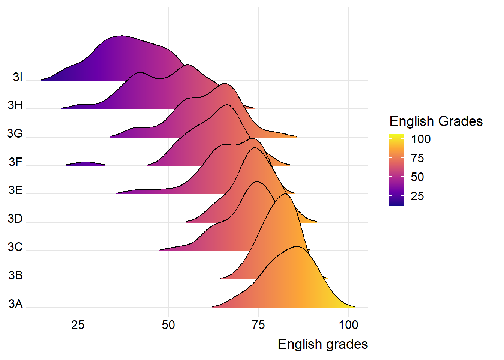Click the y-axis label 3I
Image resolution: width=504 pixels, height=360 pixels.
pyautogui.click(x=18, y=77)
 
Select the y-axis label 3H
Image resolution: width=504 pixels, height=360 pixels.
pyautogui.click(x=15, y=105)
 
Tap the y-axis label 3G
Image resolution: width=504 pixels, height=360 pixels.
pyautogui.click(x=15, y=133)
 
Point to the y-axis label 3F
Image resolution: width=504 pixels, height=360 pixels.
pyautogui.click(x=16, y=162)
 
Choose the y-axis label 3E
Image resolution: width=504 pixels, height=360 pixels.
pyautogui.click(x=16, y=190)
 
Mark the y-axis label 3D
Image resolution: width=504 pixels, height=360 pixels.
pyautogui.click(x=15, y=219)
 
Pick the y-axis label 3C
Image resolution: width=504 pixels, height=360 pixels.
pyautogui.click(x=15, y=247)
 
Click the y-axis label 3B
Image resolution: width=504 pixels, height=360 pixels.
pyautogui.click(x=16, y=276)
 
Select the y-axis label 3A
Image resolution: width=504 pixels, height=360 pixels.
pyautogui.click(x=16, y=304)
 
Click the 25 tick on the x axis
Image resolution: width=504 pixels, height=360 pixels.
pyautogui.click(x=78, y=325)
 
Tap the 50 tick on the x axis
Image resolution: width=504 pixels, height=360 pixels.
pyautogui.click(x=168, y=325)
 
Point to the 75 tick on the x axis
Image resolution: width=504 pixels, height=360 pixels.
pyautogui.click(x=258, y=325)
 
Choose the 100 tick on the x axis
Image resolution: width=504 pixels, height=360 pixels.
pyautogui.click(x=348, y=325)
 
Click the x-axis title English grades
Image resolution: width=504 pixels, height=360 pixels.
pyautogui.click(x=322, y=344)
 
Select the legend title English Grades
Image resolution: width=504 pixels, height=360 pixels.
pyautogui.click(x=436, y=121)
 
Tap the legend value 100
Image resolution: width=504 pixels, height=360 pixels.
pyautogui.click(x=421, y=139)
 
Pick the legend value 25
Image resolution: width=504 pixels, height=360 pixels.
pyautogui.click(x=417, y=196)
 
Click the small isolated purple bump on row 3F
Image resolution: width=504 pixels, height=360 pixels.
pyautogui.click(x=86, y=163)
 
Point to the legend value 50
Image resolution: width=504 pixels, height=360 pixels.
pyautogui.click(x=417, y=177)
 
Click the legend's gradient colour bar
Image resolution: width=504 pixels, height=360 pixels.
pyautogui.click(x=396, y=170)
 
